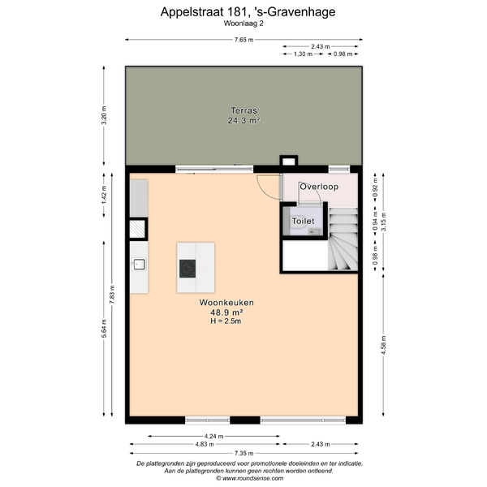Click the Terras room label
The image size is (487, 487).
[243, 110]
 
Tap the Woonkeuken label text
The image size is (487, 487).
[226, 303]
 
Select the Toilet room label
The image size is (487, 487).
[303, 221]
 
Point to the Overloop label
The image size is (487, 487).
[319, 187]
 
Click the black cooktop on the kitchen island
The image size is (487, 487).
[187, 269]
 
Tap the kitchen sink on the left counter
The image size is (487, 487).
[139, 265]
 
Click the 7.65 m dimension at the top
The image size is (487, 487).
[243, 40]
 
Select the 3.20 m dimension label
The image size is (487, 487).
[104, 115]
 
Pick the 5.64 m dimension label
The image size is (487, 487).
[104, 329]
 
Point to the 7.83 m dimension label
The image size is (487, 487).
[112, 295]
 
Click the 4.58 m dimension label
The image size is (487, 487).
[384, 345]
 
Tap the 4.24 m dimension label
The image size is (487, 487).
[213, 437]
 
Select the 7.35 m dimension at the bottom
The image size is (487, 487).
[243, 453]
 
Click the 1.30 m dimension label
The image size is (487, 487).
[303, 54]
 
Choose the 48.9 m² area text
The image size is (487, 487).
[226, 312]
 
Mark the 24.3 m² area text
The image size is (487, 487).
[243, 120]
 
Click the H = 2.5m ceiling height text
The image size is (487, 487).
[226, 321]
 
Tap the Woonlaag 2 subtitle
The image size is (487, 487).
[243, 24]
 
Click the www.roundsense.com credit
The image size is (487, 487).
[250, 478]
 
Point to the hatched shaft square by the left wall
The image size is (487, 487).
[137, 229]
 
